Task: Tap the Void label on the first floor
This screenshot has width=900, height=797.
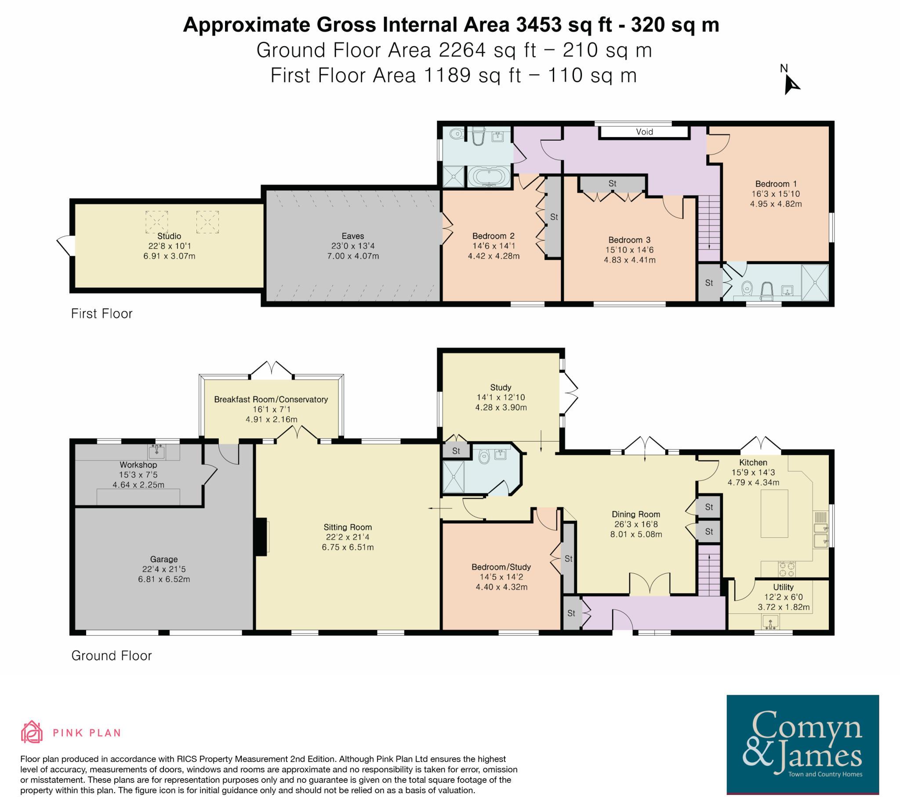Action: coord(644,132)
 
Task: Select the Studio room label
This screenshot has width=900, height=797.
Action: coord(169,236)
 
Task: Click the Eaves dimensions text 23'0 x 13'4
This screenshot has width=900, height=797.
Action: coord(353,246)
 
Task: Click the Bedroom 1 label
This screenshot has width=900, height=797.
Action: coord(775,184)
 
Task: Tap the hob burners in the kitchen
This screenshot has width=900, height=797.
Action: coord(787,569)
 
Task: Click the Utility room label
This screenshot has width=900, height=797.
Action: coord(783,587)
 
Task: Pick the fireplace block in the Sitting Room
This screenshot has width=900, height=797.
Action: coord(261,536)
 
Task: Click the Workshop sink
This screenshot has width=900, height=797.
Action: coord(157,451)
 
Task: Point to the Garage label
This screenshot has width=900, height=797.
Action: coord(164,559)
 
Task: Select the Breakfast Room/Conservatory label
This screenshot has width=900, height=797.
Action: coord(271,399)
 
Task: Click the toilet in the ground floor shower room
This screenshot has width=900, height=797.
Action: coord(483,456)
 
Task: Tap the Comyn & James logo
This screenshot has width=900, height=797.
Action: coord(802,744)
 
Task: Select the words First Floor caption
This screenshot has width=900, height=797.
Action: coord(102,314)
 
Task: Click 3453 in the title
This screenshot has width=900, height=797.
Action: coord(539,25)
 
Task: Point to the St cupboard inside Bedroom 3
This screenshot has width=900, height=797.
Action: coord(612,184)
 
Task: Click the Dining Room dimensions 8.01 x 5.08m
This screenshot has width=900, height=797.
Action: coord(636,535)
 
